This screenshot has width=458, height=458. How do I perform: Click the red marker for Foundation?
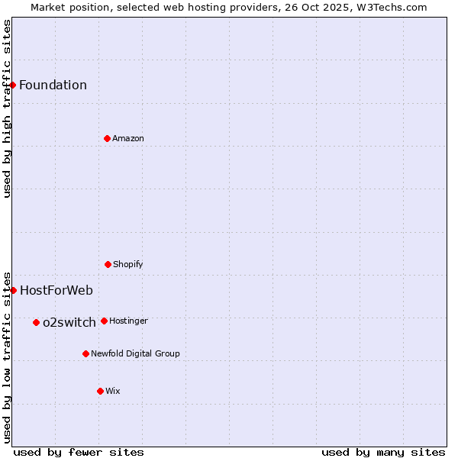coord(13,85)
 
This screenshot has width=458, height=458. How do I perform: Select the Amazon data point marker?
coord(107,138)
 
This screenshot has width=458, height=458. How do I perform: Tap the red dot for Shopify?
coord(108,264)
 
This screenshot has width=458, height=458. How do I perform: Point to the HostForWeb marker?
coord(13,290)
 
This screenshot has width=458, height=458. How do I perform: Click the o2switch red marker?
coord(36,322)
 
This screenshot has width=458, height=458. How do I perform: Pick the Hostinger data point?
coord(104,321)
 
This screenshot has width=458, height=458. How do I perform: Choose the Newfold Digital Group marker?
coord(85,353)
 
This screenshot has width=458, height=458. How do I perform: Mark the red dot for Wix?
coord(100,391)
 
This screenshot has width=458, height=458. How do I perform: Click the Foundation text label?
coord(53,85)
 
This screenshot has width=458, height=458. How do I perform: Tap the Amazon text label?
coord(128,138)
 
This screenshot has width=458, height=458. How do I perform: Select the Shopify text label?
coord(128,264)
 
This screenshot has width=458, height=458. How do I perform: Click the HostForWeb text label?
coord(56,290)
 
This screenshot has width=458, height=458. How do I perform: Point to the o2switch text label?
coord(69,322)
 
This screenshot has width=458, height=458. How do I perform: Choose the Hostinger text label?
coord(128,321)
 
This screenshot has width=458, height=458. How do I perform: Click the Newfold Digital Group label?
coord(135,353)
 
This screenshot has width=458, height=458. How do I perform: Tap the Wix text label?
coord(113,391)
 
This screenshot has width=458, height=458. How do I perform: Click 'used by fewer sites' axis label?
coord(79,452)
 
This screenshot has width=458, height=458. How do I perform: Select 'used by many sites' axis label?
coord(383,452)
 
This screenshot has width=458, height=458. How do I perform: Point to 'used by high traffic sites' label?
coord(7,108)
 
